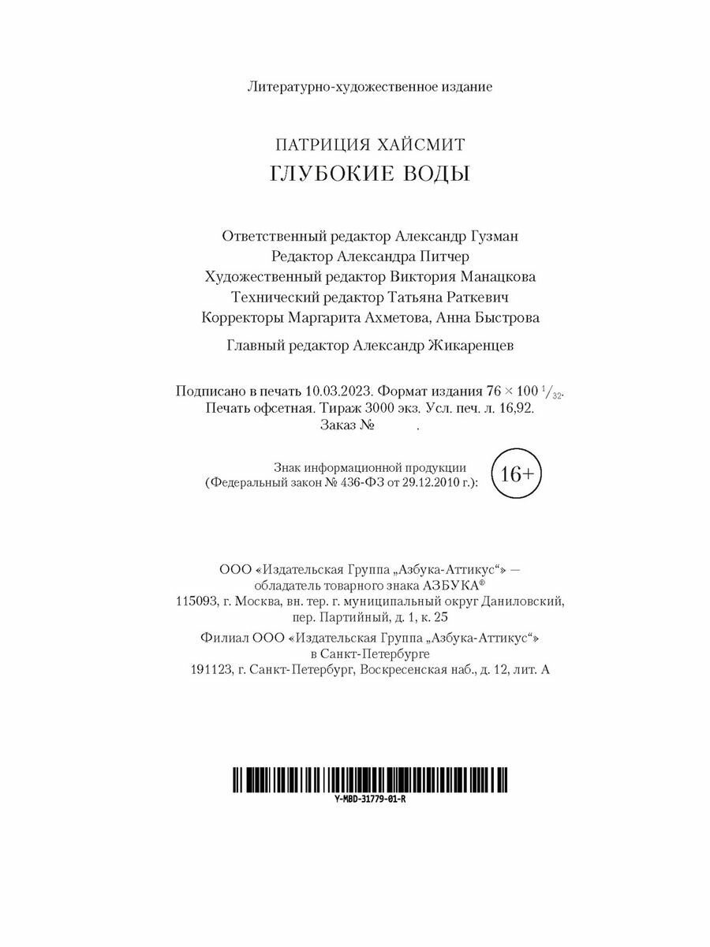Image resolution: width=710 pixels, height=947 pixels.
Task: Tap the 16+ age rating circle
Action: pos(517,473)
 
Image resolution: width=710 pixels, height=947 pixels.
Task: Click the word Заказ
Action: pos(338,426)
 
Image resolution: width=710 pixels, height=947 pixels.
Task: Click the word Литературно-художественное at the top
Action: pos(319,86)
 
